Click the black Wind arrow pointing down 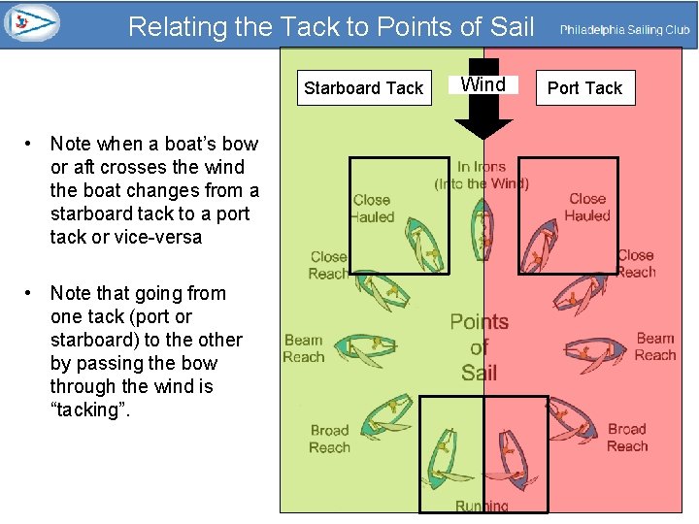[x=483, y=117]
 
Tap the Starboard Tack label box [x=363, y=88]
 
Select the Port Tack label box [x=584, y=88]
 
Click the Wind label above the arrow [x=483, y=84]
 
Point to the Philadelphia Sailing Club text [x=624, y=30]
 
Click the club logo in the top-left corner [x=32, y=22]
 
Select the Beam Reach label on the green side [x=303, y=348]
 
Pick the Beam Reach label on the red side [x=655, y=346]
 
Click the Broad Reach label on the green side [x=329, y=439]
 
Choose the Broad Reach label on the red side [x=626, y=438]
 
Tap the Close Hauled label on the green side [x=373, y=209]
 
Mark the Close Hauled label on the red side [x=587, y=207]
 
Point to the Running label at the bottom [x=482, y=506]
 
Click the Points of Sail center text [x=480, y=347]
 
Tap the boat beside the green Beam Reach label [x=365, y=344]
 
